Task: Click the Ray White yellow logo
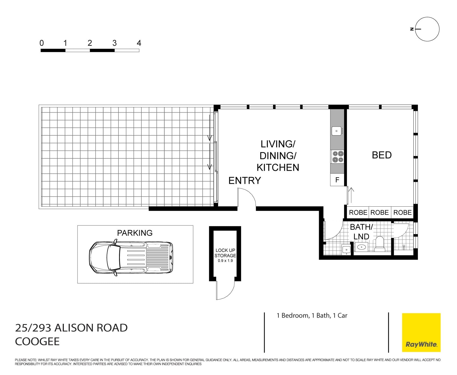pyautogui.click(x=421, y=332)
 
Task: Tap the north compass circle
pyautogui.click(x=427, y=29)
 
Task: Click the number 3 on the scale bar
pyautogui.click(x=114, y=43)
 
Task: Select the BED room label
pyautogui.click(x=382, y=155)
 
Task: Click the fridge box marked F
pyautogui.click(x=337, y=180)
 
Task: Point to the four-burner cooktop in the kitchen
pyautogui.click(x=338, y=157)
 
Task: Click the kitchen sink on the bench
pyautogui.click(x=337, y=131)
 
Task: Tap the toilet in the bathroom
pyautogui.click(x=380, y=244)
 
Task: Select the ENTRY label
pyautogui.click(x=245, y=180)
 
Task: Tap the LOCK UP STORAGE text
pyautogui.click(x=225, y=253)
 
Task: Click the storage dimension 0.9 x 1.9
pyautogui.click(x=225, y=261)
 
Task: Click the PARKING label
pyautogui.click(x=135, y=233)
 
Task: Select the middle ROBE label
pyautogui.click(x=379, y=213)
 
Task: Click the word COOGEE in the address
pyautogui.click(x=37, y=342)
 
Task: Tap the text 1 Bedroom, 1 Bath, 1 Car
pyautogui.click(x=312, y=315)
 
